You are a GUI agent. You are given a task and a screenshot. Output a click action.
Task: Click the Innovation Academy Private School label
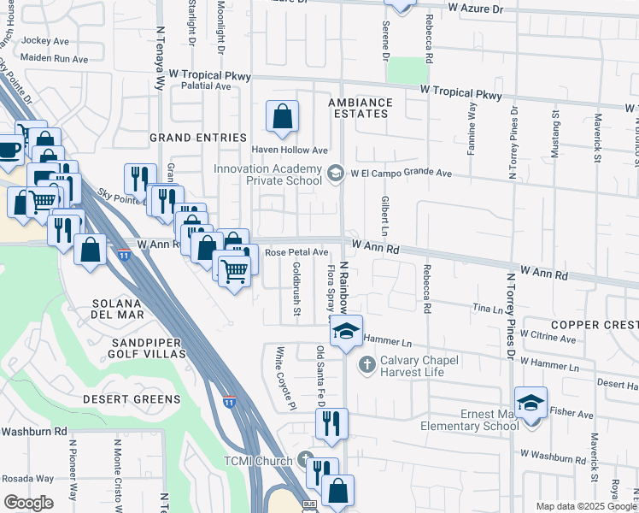click(267, 174)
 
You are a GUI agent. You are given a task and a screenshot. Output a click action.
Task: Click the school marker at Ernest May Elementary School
click(531, 402)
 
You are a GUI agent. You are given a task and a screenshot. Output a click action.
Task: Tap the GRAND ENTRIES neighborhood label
click(197, 138)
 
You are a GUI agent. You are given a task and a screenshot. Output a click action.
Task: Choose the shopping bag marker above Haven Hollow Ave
click(282, 115)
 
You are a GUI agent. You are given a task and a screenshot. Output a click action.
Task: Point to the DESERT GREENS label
click(132, 399)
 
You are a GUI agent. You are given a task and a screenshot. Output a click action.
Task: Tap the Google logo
click(28, 503)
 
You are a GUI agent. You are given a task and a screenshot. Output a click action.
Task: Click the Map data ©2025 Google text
click(585, 506)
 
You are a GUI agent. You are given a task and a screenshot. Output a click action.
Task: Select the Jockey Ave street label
click(45, 40)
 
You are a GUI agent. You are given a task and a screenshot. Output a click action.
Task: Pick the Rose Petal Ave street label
click(296, 253)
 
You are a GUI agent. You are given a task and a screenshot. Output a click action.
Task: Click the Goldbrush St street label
click(296, 288)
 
